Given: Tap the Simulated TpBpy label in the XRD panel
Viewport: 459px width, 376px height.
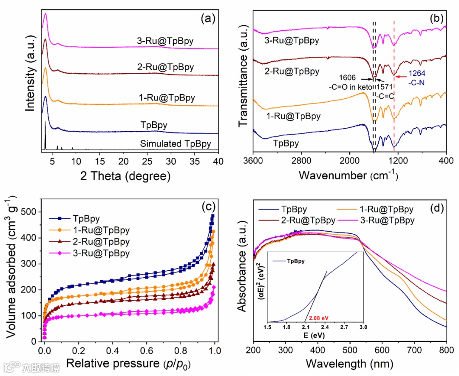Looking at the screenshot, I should point(176,144).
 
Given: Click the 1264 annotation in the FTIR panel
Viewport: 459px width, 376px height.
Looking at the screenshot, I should point(414,73).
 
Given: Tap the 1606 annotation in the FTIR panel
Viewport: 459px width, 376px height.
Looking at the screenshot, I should point(348,78).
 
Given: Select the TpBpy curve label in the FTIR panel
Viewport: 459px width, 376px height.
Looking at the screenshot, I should point(286,144).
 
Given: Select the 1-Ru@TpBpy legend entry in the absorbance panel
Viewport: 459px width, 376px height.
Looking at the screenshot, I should point(391,209).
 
